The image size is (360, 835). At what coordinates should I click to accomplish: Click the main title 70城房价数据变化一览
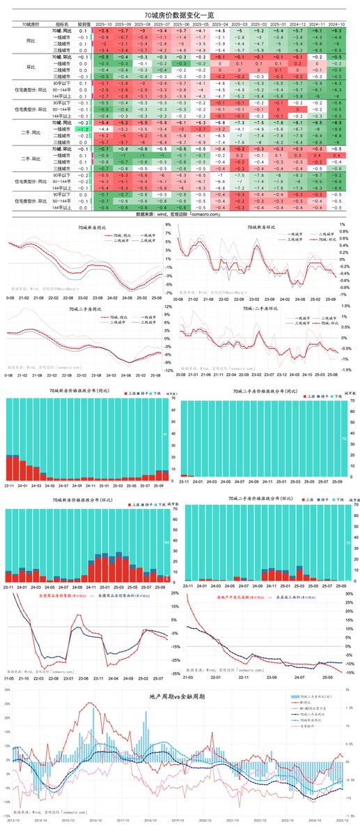tap(179, 15)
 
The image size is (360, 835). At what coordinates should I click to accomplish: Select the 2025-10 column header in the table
tap(103, 24)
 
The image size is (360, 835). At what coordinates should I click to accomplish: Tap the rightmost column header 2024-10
tap(335, 24)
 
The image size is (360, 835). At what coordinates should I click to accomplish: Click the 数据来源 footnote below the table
tap(179, 215)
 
